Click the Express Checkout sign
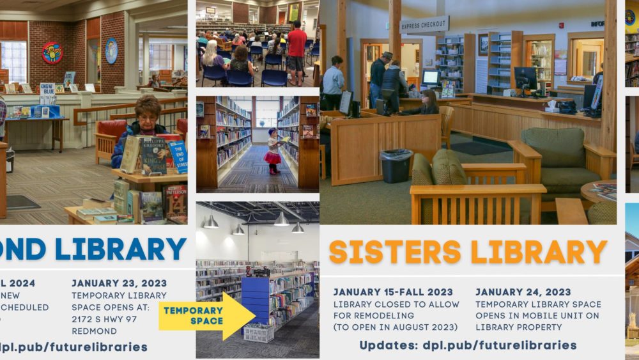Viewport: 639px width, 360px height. coord(424,25)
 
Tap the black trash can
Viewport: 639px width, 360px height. coord(396,166)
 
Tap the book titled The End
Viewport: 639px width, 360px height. coord(178,157)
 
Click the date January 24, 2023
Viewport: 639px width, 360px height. coord(523,292)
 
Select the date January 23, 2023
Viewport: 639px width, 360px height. coord(119,283)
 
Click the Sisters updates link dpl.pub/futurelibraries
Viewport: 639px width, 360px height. coord(499,345)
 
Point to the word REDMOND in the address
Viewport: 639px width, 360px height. coord(94,331)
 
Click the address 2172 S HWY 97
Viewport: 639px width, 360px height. coord(104,319)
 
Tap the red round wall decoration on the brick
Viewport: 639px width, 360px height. coord(52,53)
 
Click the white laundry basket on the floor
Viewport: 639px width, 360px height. coord(258,333)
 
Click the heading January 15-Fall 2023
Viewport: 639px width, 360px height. coord(392,292)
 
